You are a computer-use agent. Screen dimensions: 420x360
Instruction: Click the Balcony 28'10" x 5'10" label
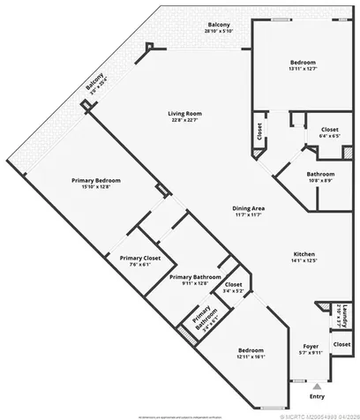coord(219,27)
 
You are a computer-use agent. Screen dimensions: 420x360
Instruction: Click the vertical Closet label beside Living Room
coord(259,131)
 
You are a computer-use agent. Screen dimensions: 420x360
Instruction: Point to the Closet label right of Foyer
coord(342,343)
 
